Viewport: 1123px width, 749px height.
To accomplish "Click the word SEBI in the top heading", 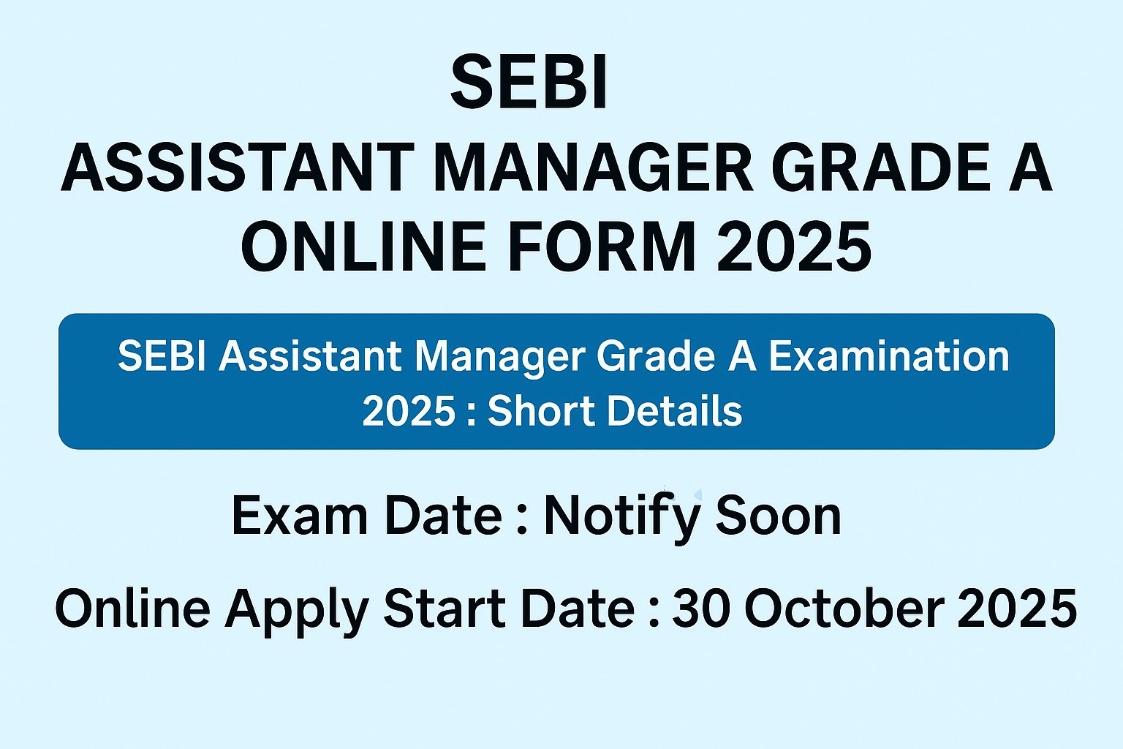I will coord(529,82).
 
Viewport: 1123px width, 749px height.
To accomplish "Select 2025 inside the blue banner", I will coord(409,411).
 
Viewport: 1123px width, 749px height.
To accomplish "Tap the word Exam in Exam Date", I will coord(299,516).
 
